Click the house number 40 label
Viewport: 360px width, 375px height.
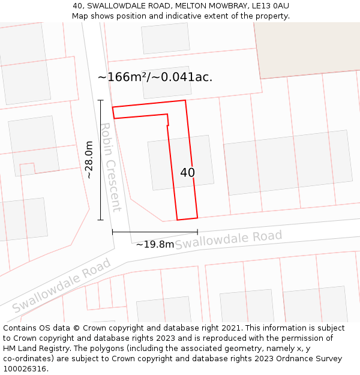187,173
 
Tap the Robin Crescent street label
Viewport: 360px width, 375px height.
110,167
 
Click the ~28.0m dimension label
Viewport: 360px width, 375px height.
89,160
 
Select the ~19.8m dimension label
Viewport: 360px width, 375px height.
155,244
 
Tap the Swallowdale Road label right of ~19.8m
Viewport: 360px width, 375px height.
228,239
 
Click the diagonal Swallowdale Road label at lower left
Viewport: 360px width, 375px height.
62,285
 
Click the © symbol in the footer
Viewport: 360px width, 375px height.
77,328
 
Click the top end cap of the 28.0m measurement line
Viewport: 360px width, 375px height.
101,100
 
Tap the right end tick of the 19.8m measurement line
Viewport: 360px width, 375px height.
197,232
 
